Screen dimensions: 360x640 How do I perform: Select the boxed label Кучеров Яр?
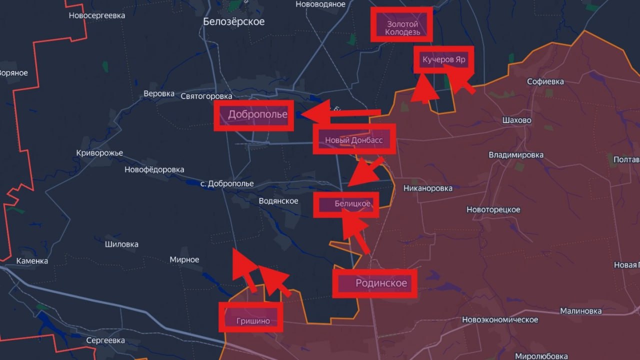[444, 60]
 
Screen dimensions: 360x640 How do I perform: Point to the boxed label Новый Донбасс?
[354, 140]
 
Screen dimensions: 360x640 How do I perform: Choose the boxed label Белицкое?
[352, 204]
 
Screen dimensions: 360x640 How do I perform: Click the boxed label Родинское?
[381, 283]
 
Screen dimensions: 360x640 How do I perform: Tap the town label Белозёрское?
[234, 21]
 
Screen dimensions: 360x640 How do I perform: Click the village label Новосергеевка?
[97, 15]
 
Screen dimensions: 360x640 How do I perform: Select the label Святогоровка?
[206, 96]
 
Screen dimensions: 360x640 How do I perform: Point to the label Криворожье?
[99, 153]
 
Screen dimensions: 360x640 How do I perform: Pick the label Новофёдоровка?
[154, 170]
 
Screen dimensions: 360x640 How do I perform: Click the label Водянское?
[278, 201]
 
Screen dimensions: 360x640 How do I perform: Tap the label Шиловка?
[121, 244]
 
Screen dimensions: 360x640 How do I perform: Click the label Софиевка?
[545, 81]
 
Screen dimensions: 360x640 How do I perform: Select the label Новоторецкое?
[493, 210]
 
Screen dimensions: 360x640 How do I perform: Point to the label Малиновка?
[580, 311]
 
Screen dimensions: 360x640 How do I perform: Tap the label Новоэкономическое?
[500, 320]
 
